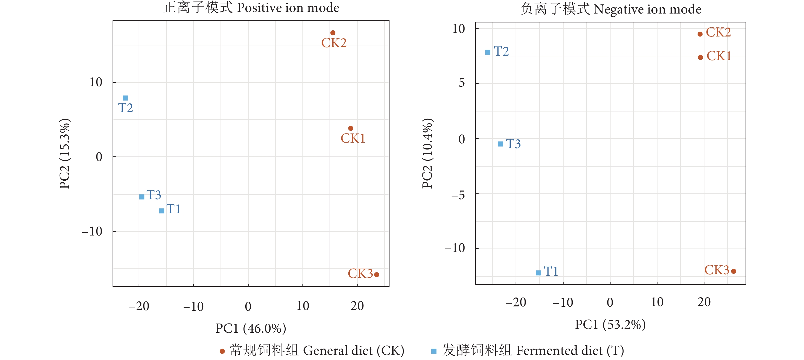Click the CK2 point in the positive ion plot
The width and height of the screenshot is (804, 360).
point(333,33)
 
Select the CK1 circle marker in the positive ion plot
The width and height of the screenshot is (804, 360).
point(350,128)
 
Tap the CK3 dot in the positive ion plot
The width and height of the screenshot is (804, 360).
point(376,275)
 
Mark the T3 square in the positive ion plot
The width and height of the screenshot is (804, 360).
point(142,196)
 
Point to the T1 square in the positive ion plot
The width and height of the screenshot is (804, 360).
point(162,211)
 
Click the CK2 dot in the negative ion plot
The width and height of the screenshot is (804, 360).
point(700,34)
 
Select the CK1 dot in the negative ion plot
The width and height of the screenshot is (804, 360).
point(700,57)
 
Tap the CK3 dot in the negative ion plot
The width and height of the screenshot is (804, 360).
point(734,271)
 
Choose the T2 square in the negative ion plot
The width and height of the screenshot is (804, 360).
point(488,52)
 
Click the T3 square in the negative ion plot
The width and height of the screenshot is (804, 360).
point(500,144)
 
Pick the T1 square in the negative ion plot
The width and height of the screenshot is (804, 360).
point(538,273)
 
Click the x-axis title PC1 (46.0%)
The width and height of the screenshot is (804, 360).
point(251,328)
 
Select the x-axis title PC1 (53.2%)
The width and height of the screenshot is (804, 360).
point(610,325)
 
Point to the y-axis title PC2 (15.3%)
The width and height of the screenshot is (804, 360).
point(65,154)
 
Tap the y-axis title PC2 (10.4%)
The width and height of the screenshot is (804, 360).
point(427,154)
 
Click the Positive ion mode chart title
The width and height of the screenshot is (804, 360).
point(251,7)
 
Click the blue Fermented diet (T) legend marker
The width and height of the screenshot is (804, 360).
point(434,351)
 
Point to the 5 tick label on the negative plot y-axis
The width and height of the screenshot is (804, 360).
point(462,83)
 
